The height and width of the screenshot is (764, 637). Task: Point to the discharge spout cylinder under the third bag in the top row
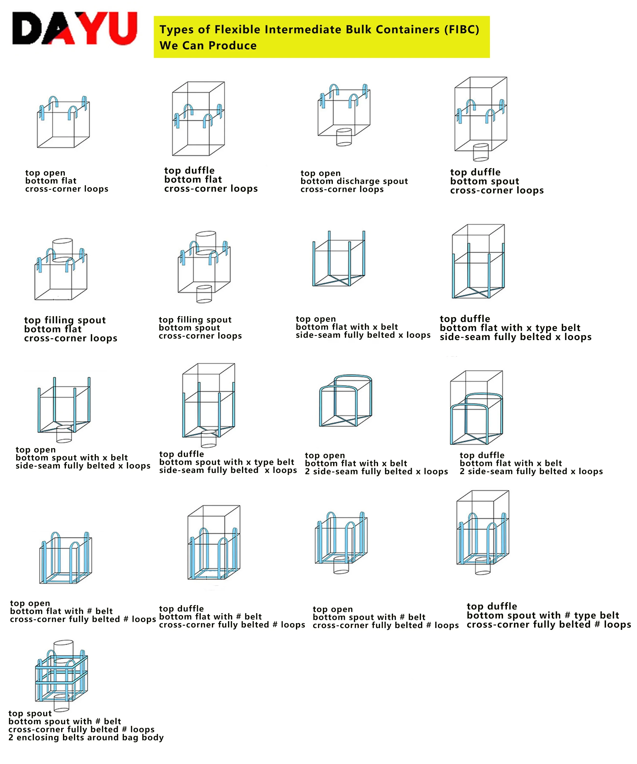[x=344, y=137]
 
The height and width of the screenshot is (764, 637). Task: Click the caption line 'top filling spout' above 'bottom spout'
[x=195, y=320]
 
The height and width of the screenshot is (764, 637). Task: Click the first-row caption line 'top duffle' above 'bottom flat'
[x=190, y=170]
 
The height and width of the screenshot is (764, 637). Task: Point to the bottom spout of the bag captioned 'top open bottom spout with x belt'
[x=64, y=434]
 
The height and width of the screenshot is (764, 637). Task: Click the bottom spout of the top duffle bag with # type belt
[x=483, y=566]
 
